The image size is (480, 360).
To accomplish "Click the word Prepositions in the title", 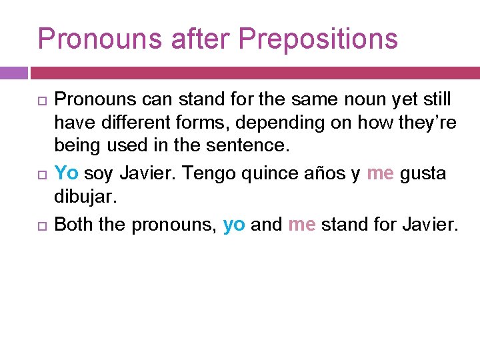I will point(318,39).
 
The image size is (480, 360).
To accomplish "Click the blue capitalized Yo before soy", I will point(66,173).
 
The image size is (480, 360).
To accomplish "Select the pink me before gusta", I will point(380,173).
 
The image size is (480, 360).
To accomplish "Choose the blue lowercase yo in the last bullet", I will point(234,225).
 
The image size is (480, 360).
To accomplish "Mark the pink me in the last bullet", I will point(302,225).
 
